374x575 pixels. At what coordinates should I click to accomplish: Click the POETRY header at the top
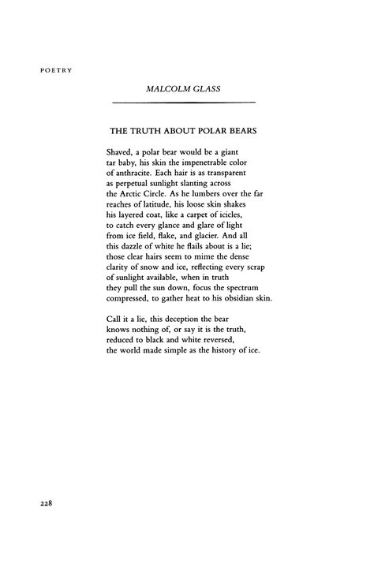pyautogui.click(x=55, y=70)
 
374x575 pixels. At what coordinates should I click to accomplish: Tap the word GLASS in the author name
pyautogui.click(x=204, y=88)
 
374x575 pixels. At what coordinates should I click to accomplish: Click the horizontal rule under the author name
pyautogui.click(x=184, y=103)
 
